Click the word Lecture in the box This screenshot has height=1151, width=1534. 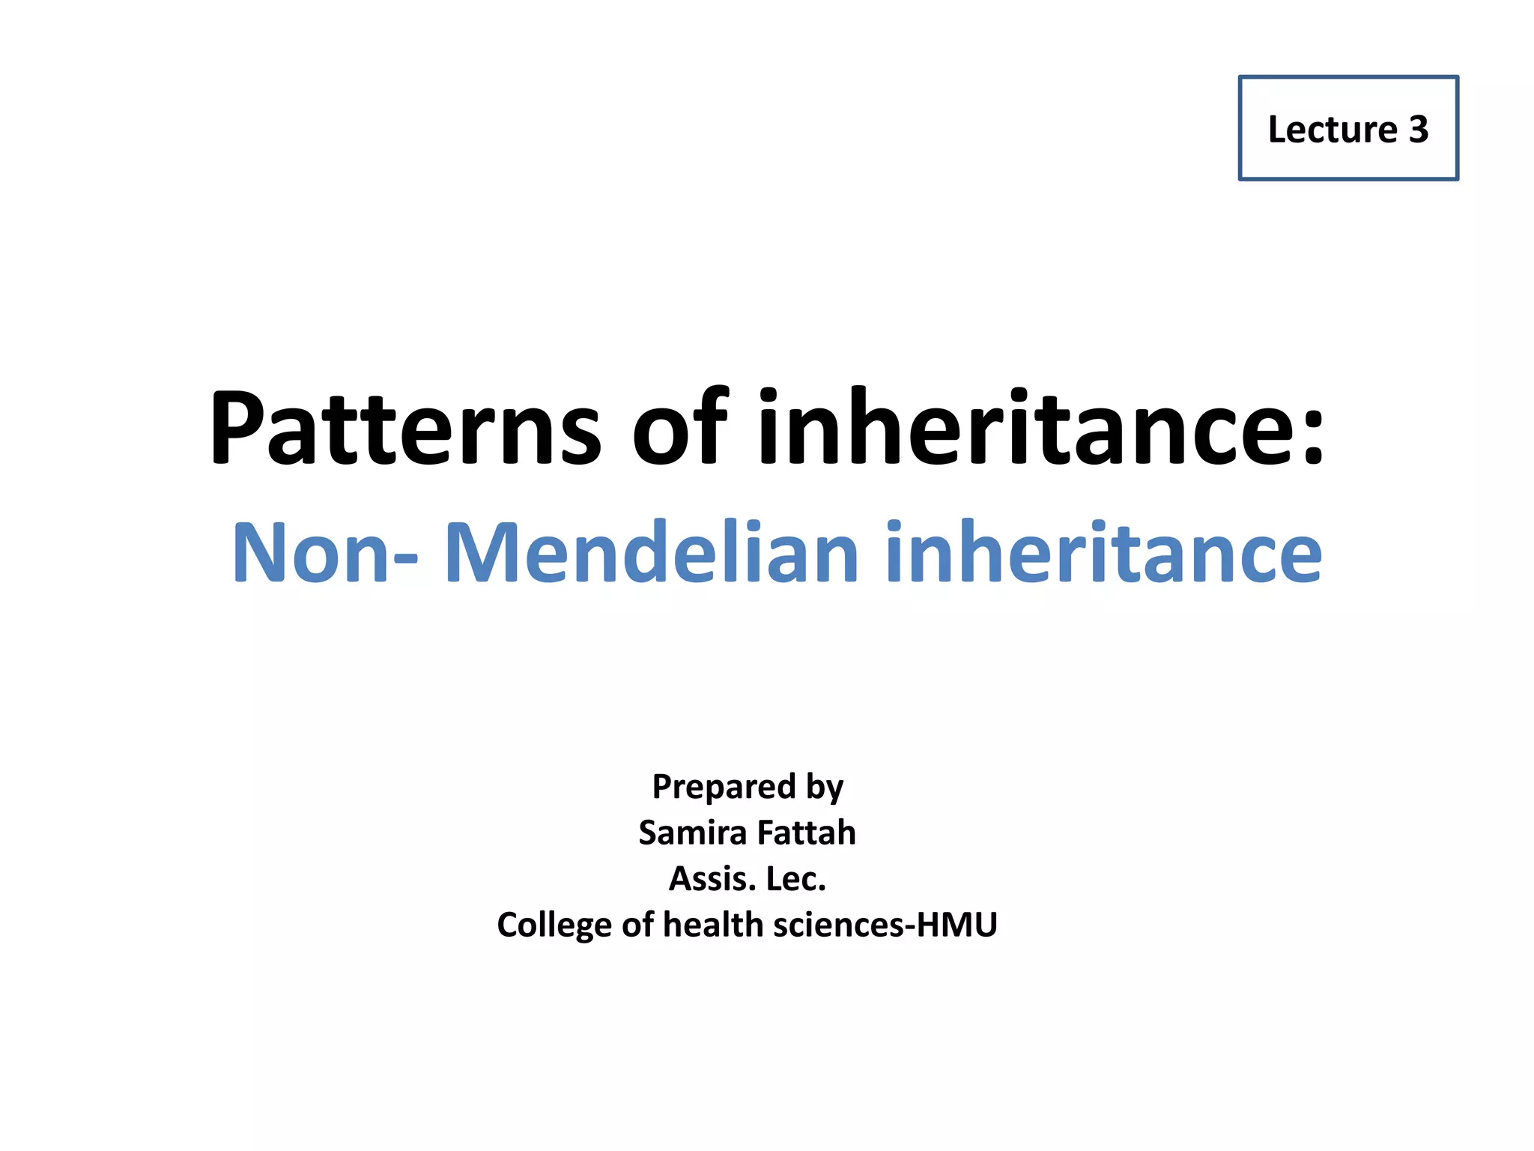(x=1332, y=130)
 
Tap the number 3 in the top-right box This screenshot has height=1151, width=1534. (x=1419, y=130)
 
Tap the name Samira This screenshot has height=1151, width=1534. (x=692, y=833)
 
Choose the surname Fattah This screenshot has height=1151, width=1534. (x=806, y=833)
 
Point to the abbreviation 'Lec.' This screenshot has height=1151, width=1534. (x=796, y=879)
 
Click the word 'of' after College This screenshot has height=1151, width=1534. (x=637, y=925)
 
